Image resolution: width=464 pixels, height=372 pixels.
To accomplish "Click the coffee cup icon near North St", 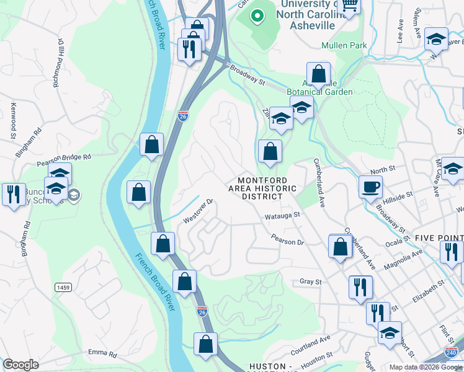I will pyautogui.click(x=370, y=186).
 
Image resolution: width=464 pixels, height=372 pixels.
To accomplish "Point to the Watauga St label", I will pyautogui.click(x=282, y=215).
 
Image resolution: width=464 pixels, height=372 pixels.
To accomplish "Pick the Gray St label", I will pyautogui.click(x=311, y=281).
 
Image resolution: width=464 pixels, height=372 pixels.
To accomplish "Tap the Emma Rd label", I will pyautogui.click(x=102, y=354).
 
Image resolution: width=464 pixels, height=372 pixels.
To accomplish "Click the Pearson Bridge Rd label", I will pyautogui.click(x=64, y=161).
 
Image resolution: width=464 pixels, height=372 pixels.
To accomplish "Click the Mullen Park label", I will pyautogui.click(x=344, y=45).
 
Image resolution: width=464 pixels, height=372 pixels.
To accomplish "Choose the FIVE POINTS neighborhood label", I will pyautogui.click(x=439, y=238).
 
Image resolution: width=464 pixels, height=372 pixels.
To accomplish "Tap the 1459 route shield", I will pyautogui.click(x=63, y=287).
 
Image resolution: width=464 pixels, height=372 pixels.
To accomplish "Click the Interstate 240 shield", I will pyautogui.click(x=452, y=353).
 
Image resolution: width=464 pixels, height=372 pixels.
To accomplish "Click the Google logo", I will pyautogui.click(x=20, y=365).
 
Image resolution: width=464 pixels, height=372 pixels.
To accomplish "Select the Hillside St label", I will pyautogui.click(x=398, y=197).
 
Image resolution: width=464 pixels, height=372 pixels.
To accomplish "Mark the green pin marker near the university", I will pyautogui.click(x=256, y=15).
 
